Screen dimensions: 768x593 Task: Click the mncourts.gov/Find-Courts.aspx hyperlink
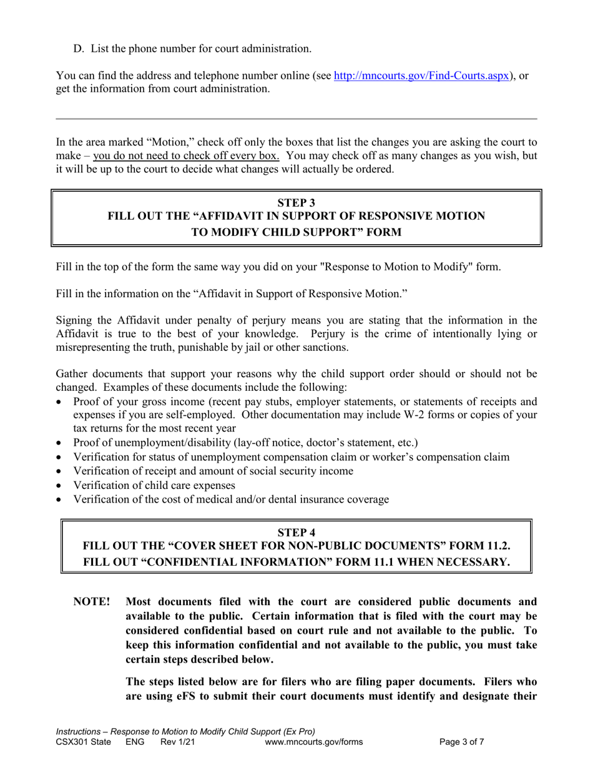(x=422, y=76)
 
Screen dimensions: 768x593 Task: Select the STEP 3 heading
(x=296, y=202)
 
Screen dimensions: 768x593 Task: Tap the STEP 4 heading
(x=296, y=532)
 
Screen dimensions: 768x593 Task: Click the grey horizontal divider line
(x=296, y=119)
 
